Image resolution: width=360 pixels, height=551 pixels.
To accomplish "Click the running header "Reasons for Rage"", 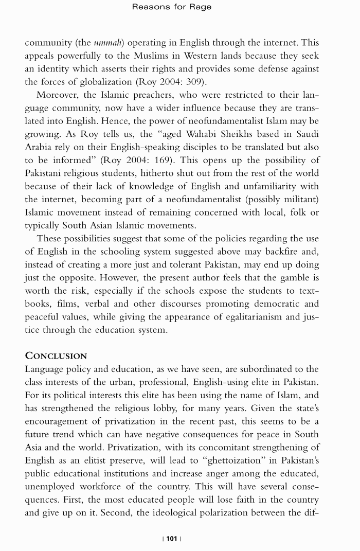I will tap(172, 7).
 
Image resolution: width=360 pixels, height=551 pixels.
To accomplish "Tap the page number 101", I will tap(172, 538).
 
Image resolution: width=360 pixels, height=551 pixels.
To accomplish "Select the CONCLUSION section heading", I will tap(56, 356).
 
